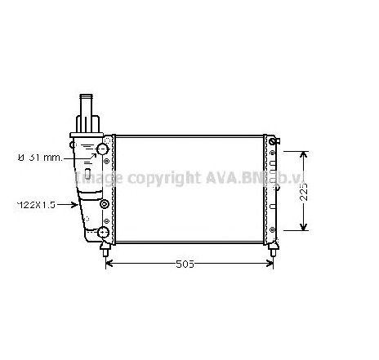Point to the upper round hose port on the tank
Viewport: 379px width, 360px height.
point(103,149)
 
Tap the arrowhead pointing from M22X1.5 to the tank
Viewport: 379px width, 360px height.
point(77,203)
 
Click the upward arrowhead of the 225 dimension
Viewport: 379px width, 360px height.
point(304,154)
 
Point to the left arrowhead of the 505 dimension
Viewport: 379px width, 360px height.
point(112,264)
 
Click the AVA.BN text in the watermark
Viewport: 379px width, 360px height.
point(225,177)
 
